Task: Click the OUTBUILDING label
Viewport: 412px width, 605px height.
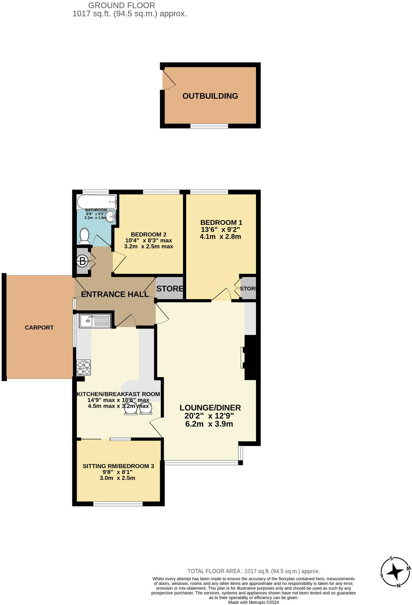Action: pyautogui.click(x=210, y=96)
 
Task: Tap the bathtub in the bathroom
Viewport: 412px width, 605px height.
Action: pyautogui.click(x=96, y=201)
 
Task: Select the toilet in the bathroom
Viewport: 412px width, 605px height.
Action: pyautogui.click(x=84, y=237)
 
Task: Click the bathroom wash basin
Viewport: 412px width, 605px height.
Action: pyautogui.click(x=112, y=217)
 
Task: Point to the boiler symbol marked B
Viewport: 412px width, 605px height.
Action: pyautogui.click(x=82, y=261)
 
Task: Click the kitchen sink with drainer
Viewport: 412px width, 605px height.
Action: pyautogui.click(x=95, y=321)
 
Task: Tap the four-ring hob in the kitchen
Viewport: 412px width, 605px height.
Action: pyautogui.click(x=83, y=368)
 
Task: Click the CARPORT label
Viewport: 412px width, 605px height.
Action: pyautogui.click(x=39, y=328)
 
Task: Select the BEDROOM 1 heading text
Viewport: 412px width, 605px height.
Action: pyautogui.click(x=221, y=222)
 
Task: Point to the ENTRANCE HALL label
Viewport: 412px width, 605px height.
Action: pyautogui.click(x=115, y=294)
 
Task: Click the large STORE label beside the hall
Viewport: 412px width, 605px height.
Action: pyautogui.click(x=170, y=288)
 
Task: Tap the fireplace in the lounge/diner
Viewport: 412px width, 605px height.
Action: pyautogui.click(x=248, y=357)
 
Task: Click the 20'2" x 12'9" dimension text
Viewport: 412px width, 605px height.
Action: pyautogui.click(x=209, y=416)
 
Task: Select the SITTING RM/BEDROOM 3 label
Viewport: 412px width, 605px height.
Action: pyautogui.click(x=118, y=466)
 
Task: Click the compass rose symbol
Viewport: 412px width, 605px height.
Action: pyautogui.click(x=395, y=572)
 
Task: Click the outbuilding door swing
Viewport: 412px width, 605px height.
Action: pyautogui.click(x=168, y=80)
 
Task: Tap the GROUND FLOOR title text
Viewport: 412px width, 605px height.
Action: pyautogui.click(x=121, y=5)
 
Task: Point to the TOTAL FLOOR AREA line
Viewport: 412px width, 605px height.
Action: pyautogui.click(x=253, y=571)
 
